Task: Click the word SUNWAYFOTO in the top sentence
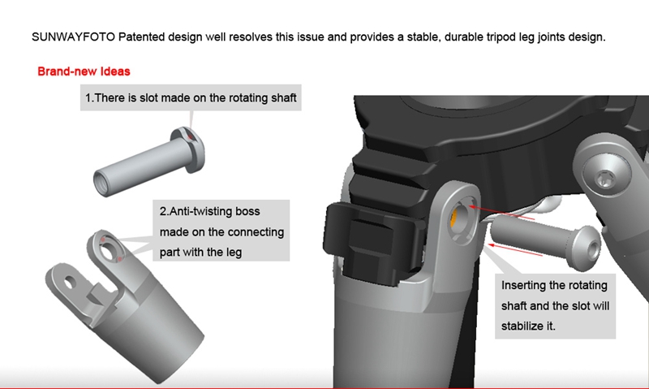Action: [73, 37]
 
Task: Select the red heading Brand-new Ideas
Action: [84, 71]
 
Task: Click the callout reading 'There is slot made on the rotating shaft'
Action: [191, 97]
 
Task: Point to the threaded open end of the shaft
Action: [102, 183]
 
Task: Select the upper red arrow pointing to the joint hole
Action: [501, 212]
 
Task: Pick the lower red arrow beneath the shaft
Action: [515, 250]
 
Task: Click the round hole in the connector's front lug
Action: [70, 283]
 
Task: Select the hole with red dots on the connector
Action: [110, 251]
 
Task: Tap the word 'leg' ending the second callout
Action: [234, 253]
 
